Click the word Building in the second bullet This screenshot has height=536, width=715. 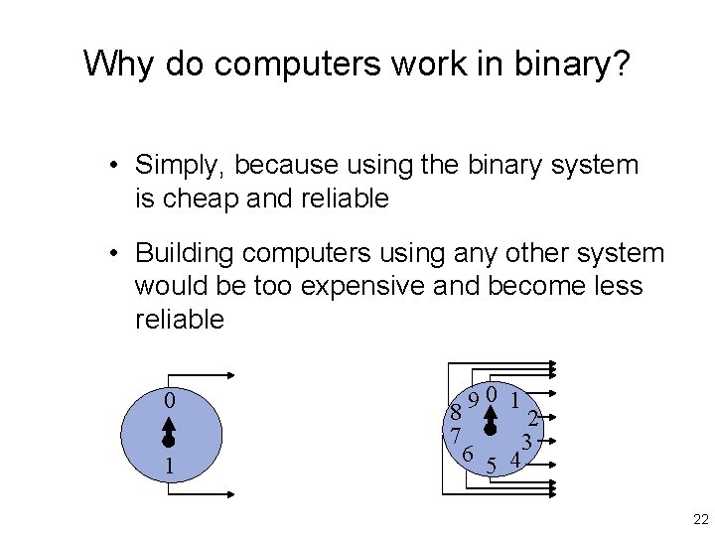tap(180, 254)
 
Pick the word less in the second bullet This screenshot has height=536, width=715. tap(618, 287)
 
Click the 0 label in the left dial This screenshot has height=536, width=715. tap(169, 402)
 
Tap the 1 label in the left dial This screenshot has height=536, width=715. tap(169, 466)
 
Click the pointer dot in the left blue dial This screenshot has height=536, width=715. tap(169, 440)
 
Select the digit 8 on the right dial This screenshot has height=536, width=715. tap(455, 411)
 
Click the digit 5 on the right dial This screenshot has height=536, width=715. tap(491, 466)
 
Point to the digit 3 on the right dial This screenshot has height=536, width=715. tap(529, 440)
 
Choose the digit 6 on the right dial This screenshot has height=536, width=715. tap(467, 454)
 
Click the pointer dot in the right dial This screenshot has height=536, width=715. tap(490, 429)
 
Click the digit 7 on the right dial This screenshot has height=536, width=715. tap(454, 435)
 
